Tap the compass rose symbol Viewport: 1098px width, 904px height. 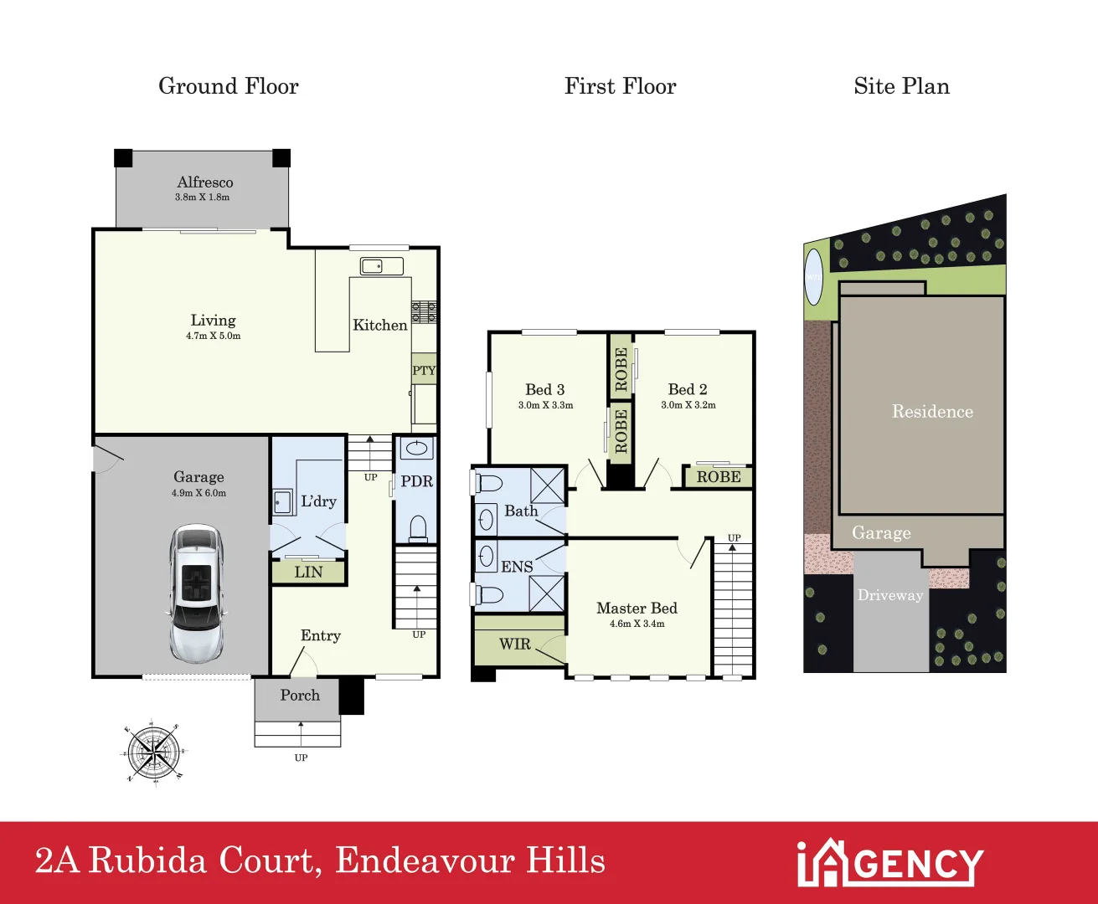[153, 751]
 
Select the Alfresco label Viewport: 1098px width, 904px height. [205, 182]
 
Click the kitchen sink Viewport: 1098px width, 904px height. [381, 266]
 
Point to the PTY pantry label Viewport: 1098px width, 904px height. [424, 371]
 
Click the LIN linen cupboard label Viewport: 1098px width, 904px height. [308, 573]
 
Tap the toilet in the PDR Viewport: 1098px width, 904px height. [416, 528]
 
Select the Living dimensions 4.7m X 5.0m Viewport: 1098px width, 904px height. [213, 336]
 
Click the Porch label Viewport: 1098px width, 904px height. [300, 695]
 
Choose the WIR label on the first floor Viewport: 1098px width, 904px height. [514, 644]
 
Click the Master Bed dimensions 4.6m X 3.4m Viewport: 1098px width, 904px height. [637, 624]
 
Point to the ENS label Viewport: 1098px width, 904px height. [517, 567]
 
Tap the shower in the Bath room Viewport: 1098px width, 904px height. [547, 485]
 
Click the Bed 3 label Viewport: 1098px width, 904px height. [544, 389]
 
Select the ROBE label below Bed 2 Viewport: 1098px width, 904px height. [719, 477]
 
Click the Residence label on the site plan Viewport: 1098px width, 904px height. [932, 412]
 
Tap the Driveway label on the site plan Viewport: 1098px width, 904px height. [889, 595]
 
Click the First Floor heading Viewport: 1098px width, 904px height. [620, 86]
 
